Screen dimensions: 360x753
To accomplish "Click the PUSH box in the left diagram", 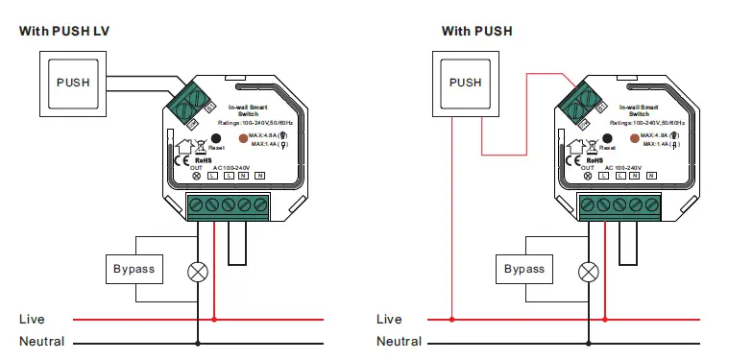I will pyautogui.click(x=72, y=83).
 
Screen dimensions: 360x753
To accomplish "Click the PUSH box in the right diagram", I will pyautogui.click(x=466, y=83).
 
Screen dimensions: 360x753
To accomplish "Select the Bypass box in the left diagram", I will pyautogui.click(x=134, y=269).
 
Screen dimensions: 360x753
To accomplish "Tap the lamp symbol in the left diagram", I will pyautogui.click(x=198, y=272).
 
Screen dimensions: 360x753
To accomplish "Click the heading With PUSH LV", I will pyautogui.click(x=64, y=31).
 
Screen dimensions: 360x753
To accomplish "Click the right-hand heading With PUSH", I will pyautogui.click(x=476, y=31).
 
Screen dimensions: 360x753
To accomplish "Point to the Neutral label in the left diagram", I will pyautogui.click(x=41, y=341).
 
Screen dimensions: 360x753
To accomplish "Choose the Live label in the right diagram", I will pyautogui.click(x=389, y=319).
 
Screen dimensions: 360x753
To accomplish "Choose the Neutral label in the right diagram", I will pyautogui.click(x=399, y=341).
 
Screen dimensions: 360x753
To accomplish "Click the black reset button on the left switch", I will pyautogui.click(x=217, y=138).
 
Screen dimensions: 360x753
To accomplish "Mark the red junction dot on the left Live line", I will pyautogui.click(x=213, y=319).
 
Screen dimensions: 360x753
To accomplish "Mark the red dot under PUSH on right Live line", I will pyautogui.click(x=449, y=319).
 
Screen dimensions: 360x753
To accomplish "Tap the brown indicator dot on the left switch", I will pyautogui.click(x=241, y=138).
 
